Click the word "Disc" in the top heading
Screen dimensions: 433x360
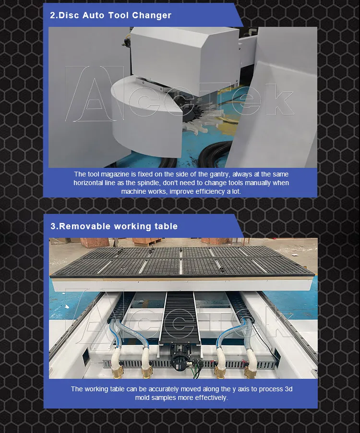coord(68,15)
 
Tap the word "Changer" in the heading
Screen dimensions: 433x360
coord(152,15)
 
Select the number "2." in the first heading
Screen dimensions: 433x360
coord(54,15)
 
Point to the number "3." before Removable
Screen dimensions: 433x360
coord(54,226)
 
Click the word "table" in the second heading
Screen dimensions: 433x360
coord(166,226)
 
